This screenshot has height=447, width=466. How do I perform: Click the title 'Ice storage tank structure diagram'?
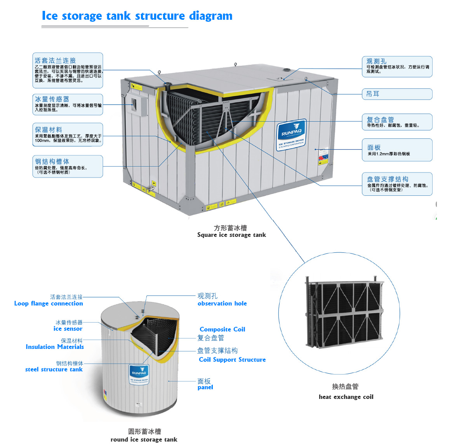[137, 16]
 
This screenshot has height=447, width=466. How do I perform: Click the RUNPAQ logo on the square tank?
[292, 134]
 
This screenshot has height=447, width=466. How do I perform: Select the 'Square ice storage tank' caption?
[231, 235]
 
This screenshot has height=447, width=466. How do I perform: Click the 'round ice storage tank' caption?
[144, 439]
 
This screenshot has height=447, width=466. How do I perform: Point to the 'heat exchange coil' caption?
[346, 397]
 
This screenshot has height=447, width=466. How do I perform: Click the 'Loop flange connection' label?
[49, 304]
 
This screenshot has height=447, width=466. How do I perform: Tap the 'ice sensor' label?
[68, 329]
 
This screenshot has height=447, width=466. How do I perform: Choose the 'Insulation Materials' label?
[55, 347]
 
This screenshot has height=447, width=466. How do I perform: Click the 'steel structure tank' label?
[54, 369]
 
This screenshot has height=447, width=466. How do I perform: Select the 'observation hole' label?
[222, 304]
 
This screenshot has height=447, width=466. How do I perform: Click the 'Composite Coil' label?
[223, 329]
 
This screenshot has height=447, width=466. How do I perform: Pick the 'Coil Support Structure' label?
[232, 359]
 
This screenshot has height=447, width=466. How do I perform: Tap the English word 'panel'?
[205, 387]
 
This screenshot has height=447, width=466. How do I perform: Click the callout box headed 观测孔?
[397, 67]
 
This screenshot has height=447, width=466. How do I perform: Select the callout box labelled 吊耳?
[397, 94]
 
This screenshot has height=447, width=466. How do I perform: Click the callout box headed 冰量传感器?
[68, 104]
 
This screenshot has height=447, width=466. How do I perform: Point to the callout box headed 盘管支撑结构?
[397, 184]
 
